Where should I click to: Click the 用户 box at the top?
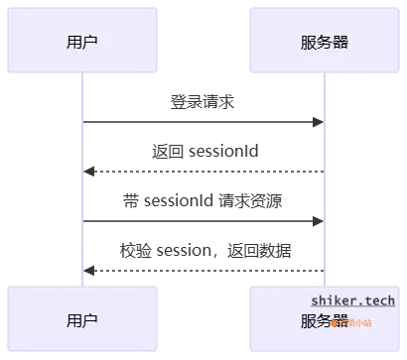[x=82, y=42]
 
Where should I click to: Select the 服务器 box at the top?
[x=324, y=42]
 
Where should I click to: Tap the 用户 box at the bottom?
[x=82, y=320]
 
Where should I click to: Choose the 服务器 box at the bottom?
[x=324, y=320]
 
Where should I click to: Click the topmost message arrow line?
[x=199, y=122]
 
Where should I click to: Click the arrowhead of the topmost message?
[x=318, y=122]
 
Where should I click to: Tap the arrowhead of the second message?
[x=88, y=172]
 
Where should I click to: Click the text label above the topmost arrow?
[x=203, y=100]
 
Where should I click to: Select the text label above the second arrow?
[x=205, y=151]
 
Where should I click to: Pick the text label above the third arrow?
[x=203, y=201]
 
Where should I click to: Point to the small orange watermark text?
[x=353, y=321]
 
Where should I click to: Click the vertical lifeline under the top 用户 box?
[x=82, y=198]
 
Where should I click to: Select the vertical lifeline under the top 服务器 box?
[x=324, y=198]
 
